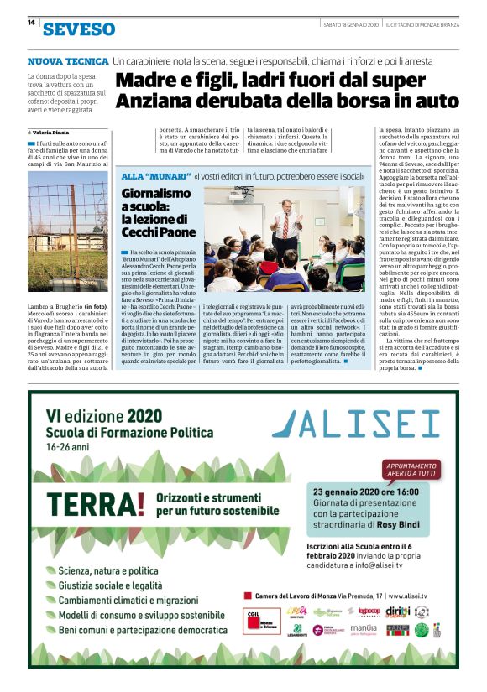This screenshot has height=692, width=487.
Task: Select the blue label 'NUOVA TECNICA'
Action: coord(68,61)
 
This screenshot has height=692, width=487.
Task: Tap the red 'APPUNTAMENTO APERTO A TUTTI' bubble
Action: coord(411,469)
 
